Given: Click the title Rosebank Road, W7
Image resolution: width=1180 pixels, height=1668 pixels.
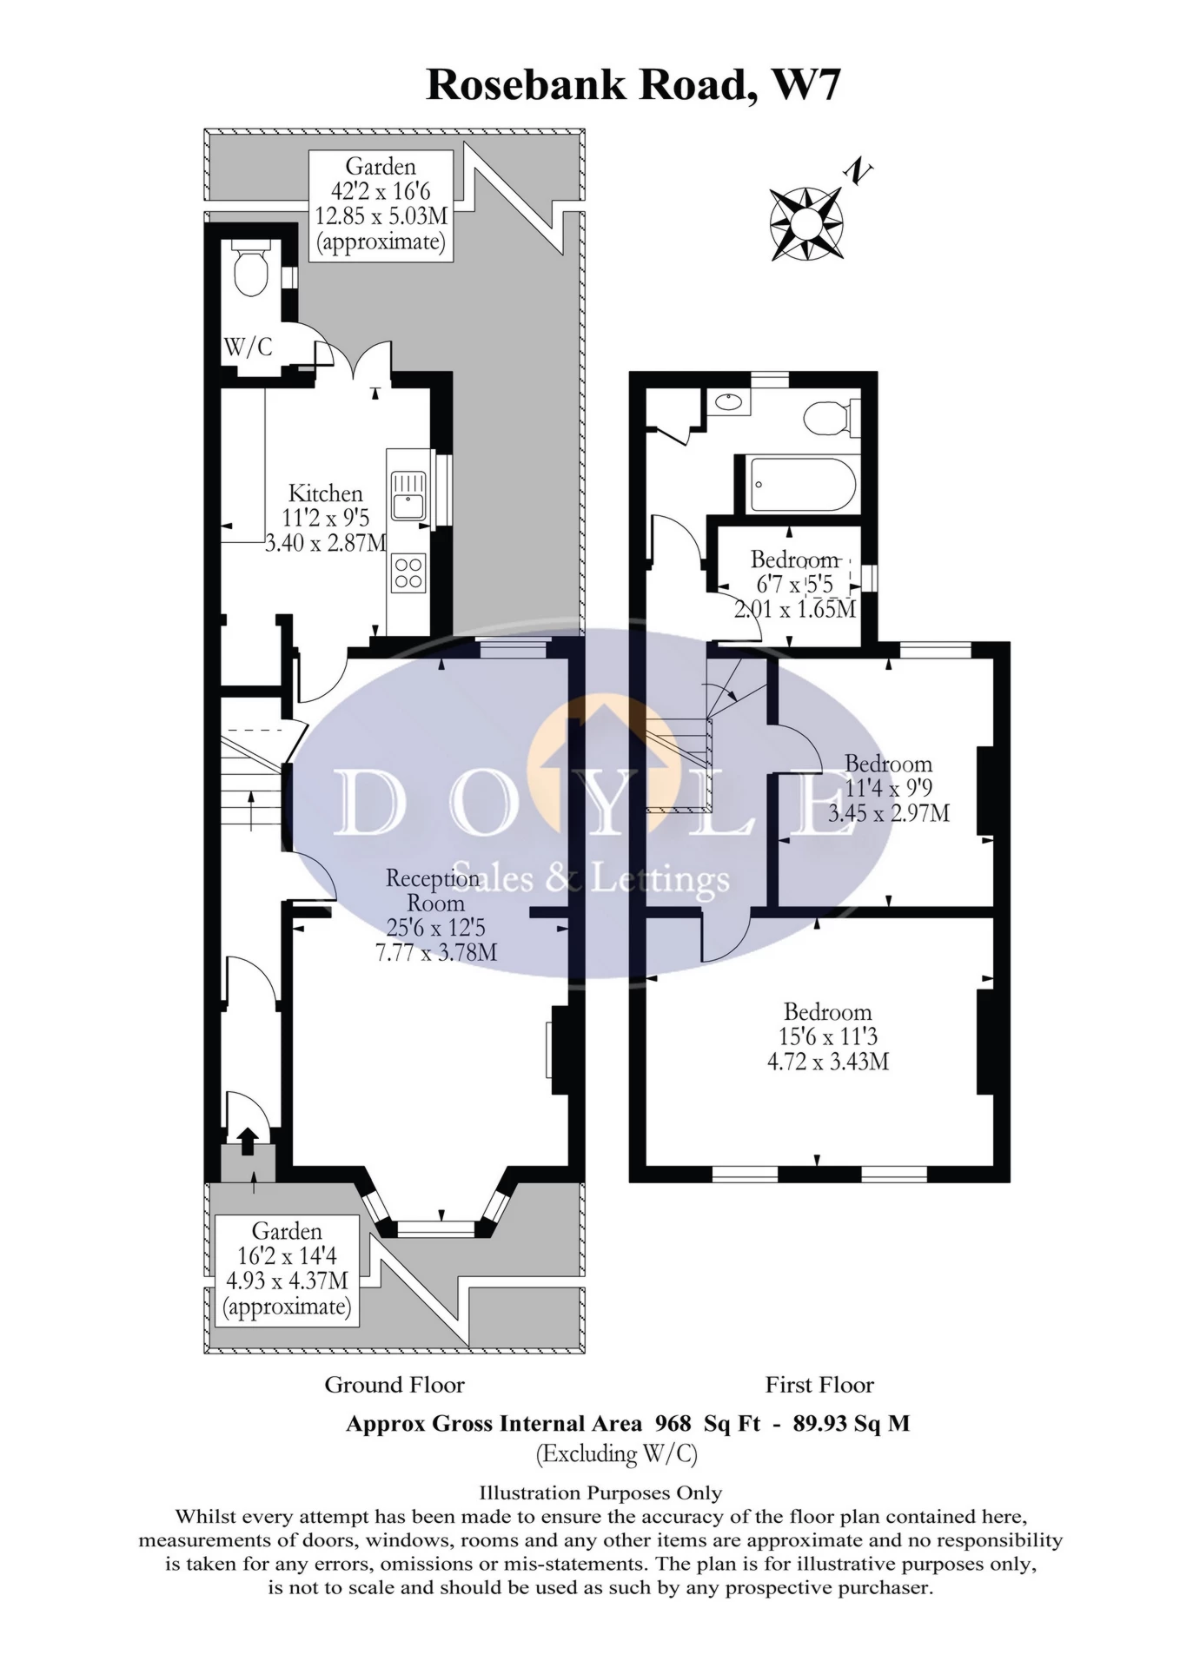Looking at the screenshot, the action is tap(633, 85).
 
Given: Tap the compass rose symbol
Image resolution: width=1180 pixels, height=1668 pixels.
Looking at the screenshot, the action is tap(805, 223).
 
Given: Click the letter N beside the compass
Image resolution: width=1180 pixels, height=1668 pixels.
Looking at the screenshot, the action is tap(859, 171).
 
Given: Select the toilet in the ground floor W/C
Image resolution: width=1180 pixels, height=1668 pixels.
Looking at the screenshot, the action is tap(251, 269).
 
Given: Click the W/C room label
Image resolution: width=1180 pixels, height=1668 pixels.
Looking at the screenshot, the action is tap(248, 347).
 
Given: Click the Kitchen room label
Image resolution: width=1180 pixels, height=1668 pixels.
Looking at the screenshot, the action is tap(325, 493).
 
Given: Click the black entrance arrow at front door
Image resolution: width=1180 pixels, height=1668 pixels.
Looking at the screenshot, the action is tap(247, 1141).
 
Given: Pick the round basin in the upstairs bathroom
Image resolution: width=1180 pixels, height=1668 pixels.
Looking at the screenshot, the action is tap(728, 402).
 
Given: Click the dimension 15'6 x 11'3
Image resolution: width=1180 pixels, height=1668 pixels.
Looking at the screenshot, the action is tap(827, 1036).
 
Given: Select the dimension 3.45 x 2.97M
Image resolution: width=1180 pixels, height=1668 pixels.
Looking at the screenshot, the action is tap(889, 813).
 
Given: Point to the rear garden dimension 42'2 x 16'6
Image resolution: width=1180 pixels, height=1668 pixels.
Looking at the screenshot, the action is tap(381, 191).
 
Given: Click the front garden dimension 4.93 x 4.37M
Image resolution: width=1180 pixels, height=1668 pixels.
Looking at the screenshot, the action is tap(287, 1281).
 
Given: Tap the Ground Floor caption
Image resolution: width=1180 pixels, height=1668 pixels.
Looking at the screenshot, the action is tap(394, 1385).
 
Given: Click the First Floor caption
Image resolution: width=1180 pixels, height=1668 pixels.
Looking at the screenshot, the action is tap(819, 1385).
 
